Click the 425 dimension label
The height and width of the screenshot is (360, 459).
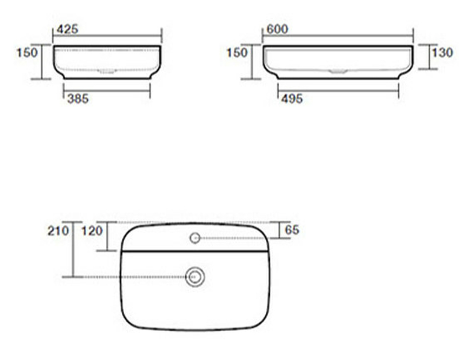[x=68, y=29]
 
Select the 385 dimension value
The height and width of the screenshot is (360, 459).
[x=78, y=99]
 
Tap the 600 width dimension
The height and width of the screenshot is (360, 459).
[x=278, y=29]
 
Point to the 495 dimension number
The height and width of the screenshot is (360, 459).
[x=292, y=99]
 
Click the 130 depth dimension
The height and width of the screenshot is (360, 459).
[x=442, y=53]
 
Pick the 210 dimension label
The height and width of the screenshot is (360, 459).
[x=59, y=231]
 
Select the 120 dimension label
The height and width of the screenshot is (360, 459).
[x=92, y=231]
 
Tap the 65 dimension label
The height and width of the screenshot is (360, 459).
[x=292, y=230]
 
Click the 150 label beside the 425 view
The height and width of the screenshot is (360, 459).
[x=27, y=53]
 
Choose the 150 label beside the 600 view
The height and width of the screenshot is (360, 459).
[x=237, y=53]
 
